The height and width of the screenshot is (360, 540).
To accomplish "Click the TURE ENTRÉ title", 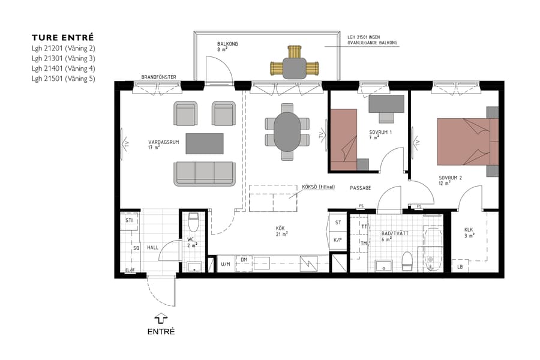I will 63,37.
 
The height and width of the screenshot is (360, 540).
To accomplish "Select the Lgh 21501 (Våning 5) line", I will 64,78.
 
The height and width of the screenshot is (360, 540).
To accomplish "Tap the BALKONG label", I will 227,44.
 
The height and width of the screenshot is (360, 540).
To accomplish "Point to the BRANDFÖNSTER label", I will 158,77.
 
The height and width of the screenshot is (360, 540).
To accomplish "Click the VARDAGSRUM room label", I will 164,143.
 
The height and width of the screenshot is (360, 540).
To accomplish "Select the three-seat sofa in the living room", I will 204,173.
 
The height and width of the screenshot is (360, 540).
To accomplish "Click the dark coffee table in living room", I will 204,143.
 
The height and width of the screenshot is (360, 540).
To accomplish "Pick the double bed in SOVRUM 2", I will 465,141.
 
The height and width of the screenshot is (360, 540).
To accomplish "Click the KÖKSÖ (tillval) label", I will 318,187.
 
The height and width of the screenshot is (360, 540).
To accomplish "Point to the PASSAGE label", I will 361,188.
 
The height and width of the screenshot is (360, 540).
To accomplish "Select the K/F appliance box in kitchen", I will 337,239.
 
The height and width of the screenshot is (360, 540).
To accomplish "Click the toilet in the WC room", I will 193,223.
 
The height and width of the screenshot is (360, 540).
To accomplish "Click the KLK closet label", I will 469,230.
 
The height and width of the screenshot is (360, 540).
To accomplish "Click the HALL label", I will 152,247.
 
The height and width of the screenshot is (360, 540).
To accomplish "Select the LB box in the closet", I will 460,267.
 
